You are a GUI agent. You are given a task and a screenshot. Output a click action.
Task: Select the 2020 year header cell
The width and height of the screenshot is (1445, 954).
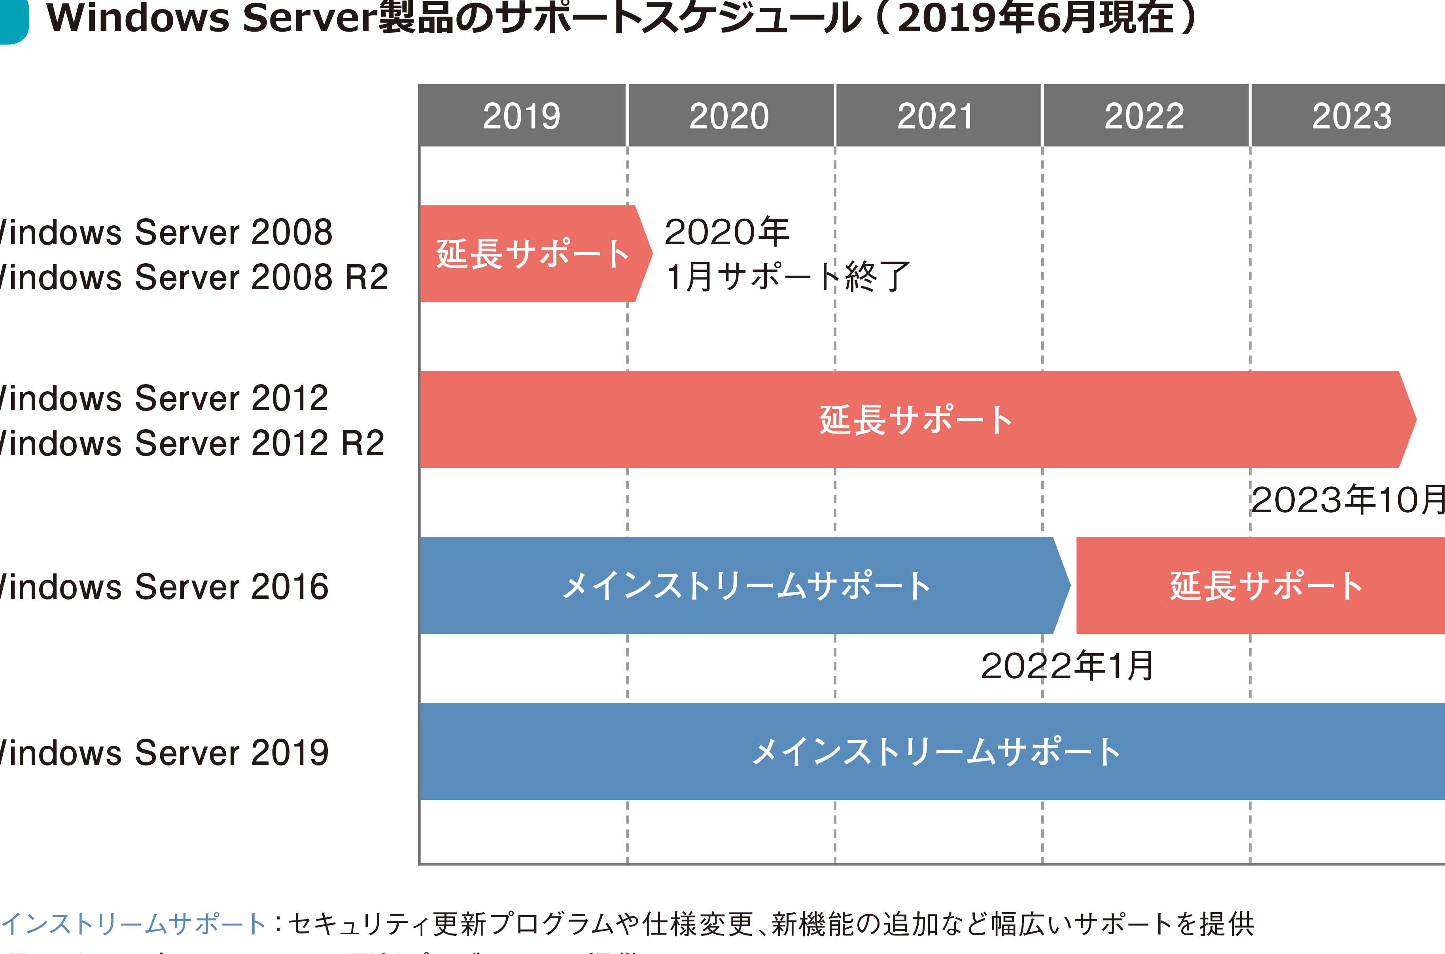point(730,116)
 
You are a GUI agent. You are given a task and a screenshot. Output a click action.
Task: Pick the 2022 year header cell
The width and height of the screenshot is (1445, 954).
point(1145,116)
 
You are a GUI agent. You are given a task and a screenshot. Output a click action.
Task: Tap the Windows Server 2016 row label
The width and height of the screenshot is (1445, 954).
point(165,586)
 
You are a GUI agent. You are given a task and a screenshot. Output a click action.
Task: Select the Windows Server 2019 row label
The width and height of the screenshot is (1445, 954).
point(165,752)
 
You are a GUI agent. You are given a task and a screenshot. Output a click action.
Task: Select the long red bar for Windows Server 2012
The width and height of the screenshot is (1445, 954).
point(913,420)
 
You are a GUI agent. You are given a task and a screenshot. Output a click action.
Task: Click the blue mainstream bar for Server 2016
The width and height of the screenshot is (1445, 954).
point(743,585)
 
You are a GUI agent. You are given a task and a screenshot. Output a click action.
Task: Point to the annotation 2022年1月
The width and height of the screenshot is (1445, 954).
point(1067,666)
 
